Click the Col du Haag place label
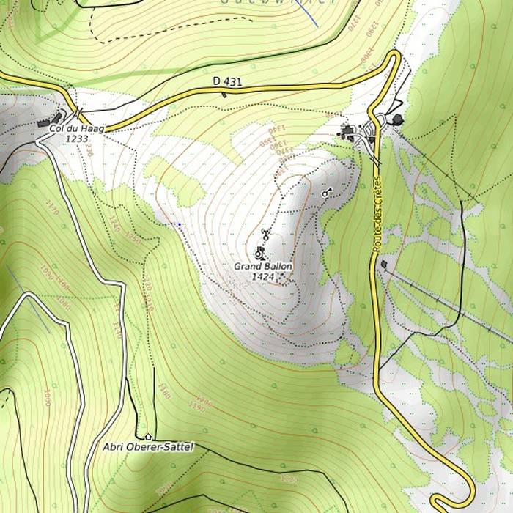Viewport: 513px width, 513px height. pyautogui.click(x=76, y=129)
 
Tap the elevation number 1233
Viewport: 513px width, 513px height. pyautogui.click(x=76, y=138)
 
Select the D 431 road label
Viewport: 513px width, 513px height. pyautogui.click(x=227, y=81)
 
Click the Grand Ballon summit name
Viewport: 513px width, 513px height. pyautogui.click(x=262, y=267)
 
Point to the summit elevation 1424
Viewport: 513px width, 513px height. pyautogui.click(x=262, y=276)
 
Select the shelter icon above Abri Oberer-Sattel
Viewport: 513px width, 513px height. pyautogui.click(x=148, y=436)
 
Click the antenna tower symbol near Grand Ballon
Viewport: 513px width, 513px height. pyautogui.click(x=266, y=236)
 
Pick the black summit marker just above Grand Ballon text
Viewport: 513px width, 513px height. pyautogui.click(x=259, y=254)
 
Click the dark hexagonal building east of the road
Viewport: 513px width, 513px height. pyautogui.click(x=397, y=119)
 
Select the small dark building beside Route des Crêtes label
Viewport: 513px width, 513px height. pyautogui.click(x=384, y=265)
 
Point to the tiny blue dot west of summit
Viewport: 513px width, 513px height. pyautogui.click(x=180, y=224)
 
